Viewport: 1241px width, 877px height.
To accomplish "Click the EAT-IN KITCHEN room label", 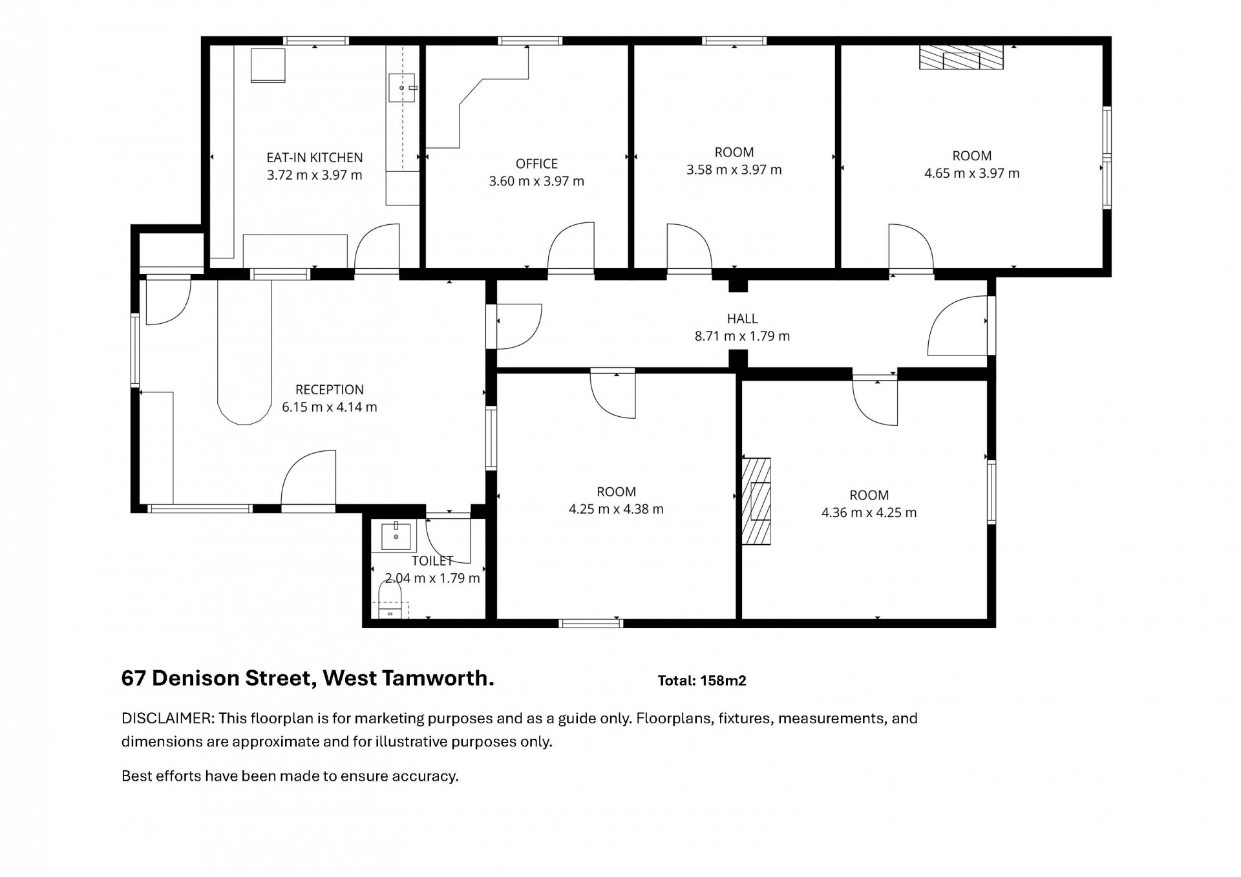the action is coord(315,157).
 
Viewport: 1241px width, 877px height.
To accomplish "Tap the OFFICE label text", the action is coord(536,164).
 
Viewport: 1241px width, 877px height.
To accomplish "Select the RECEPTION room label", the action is coord(330,390).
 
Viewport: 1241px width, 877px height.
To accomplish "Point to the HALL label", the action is coord(742,319).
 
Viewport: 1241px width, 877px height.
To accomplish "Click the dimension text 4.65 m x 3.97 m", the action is coord(972,173).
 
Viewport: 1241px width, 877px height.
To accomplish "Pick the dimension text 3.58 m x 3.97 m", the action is coord(734,170).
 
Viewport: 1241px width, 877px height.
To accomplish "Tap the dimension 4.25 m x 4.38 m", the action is coord(616,509).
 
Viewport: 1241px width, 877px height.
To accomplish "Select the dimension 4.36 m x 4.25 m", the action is coord(869,512).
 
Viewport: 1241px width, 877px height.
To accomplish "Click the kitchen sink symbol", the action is coord(401,88).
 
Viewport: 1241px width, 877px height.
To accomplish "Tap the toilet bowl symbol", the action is coord(390,600).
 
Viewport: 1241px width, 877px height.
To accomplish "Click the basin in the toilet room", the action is coord(396,536).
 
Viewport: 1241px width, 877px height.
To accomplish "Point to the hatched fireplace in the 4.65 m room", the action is coord(961,58).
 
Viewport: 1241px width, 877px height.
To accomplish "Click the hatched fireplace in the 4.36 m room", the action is coord(756,502).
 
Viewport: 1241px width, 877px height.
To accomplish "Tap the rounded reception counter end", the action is coord(244,410).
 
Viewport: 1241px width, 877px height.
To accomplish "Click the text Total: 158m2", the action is coord(702,681).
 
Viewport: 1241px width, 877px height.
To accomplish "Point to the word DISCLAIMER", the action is coord(167,718).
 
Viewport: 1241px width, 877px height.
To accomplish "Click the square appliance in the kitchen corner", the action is coord(268,65).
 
